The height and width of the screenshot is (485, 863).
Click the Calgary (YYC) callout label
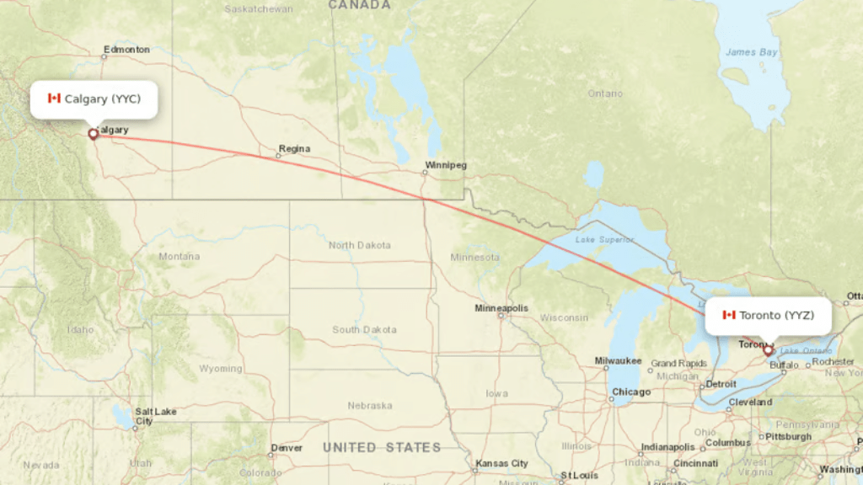(94, 99)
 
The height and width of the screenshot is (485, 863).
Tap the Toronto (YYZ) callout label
(768, 315)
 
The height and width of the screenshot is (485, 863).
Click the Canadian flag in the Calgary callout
(55, 99)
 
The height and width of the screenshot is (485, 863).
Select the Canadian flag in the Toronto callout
(729, 315)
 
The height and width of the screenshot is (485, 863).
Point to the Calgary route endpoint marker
(93, 133)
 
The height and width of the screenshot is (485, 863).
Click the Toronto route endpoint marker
(768, 349)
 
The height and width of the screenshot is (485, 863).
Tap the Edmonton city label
(126, 50)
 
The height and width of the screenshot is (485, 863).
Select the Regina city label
(294, 149)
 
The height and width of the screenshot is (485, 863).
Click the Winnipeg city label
(445, 165)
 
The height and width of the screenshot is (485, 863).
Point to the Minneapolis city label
(501, 308)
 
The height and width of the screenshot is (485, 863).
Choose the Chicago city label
(631, 392)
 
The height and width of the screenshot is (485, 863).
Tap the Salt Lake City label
(157, 416)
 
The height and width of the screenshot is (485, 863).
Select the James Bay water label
(752, 52)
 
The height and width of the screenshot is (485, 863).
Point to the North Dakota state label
(360, 245)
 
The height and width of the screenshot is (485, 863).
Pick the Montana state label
(180, 256)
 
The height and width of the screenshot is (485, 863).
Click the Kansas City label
(501, 464)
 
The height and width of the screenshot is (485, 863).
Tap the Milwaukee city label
(619, 361)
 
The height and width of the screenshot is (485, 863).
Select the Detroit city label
(721, 384)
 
